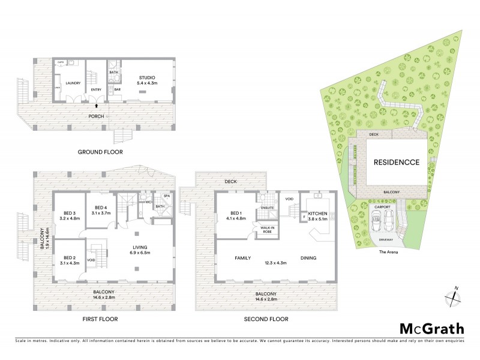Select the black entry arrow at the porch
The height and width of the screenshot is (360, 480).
(x=96, y=106)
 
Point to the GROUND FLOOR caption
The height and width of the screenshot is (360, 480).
(x=100, y=152)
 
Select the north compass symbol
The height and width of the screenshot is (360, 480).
(x=454, y=298)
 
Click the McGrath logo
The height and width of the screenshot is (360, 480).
(x=432, y=328)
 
